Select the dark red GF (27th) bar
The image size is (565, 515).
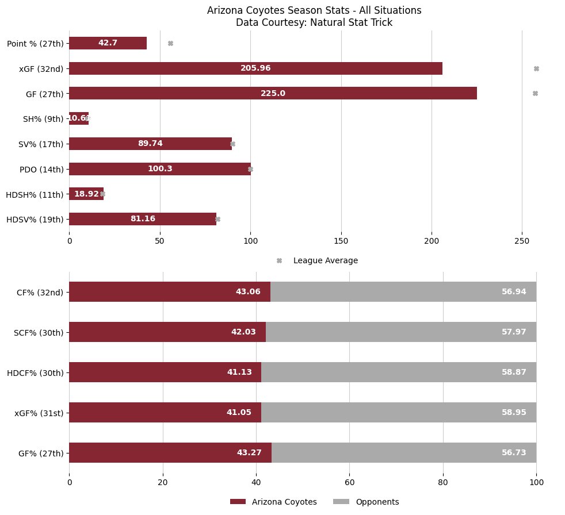point(273,93)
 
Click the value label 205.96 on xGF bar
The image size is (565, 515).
point(255,68)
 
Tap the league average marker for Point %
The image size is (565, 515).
point(170,43)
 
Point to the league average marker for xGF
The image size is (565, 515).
point(536,68)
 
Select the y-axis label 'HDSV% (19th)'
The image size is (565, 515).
point(35,219)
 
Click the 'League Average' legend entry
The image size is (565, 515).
point(325,260)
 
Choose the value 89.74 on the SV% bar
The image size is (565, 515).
point(150,144)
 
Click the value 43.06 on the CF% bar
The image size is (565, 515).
point(248,292)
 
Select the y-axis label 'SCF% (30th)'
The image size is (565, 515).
point(39,332)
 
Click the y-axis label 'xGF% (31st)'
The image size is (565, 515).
point(39,413)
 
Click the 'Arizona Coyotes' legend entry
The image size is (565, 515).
point(284,502)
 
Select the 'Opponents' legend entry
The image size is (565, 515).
point(377,502)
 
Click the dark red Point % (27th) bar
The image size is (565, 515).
point(108,43)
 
